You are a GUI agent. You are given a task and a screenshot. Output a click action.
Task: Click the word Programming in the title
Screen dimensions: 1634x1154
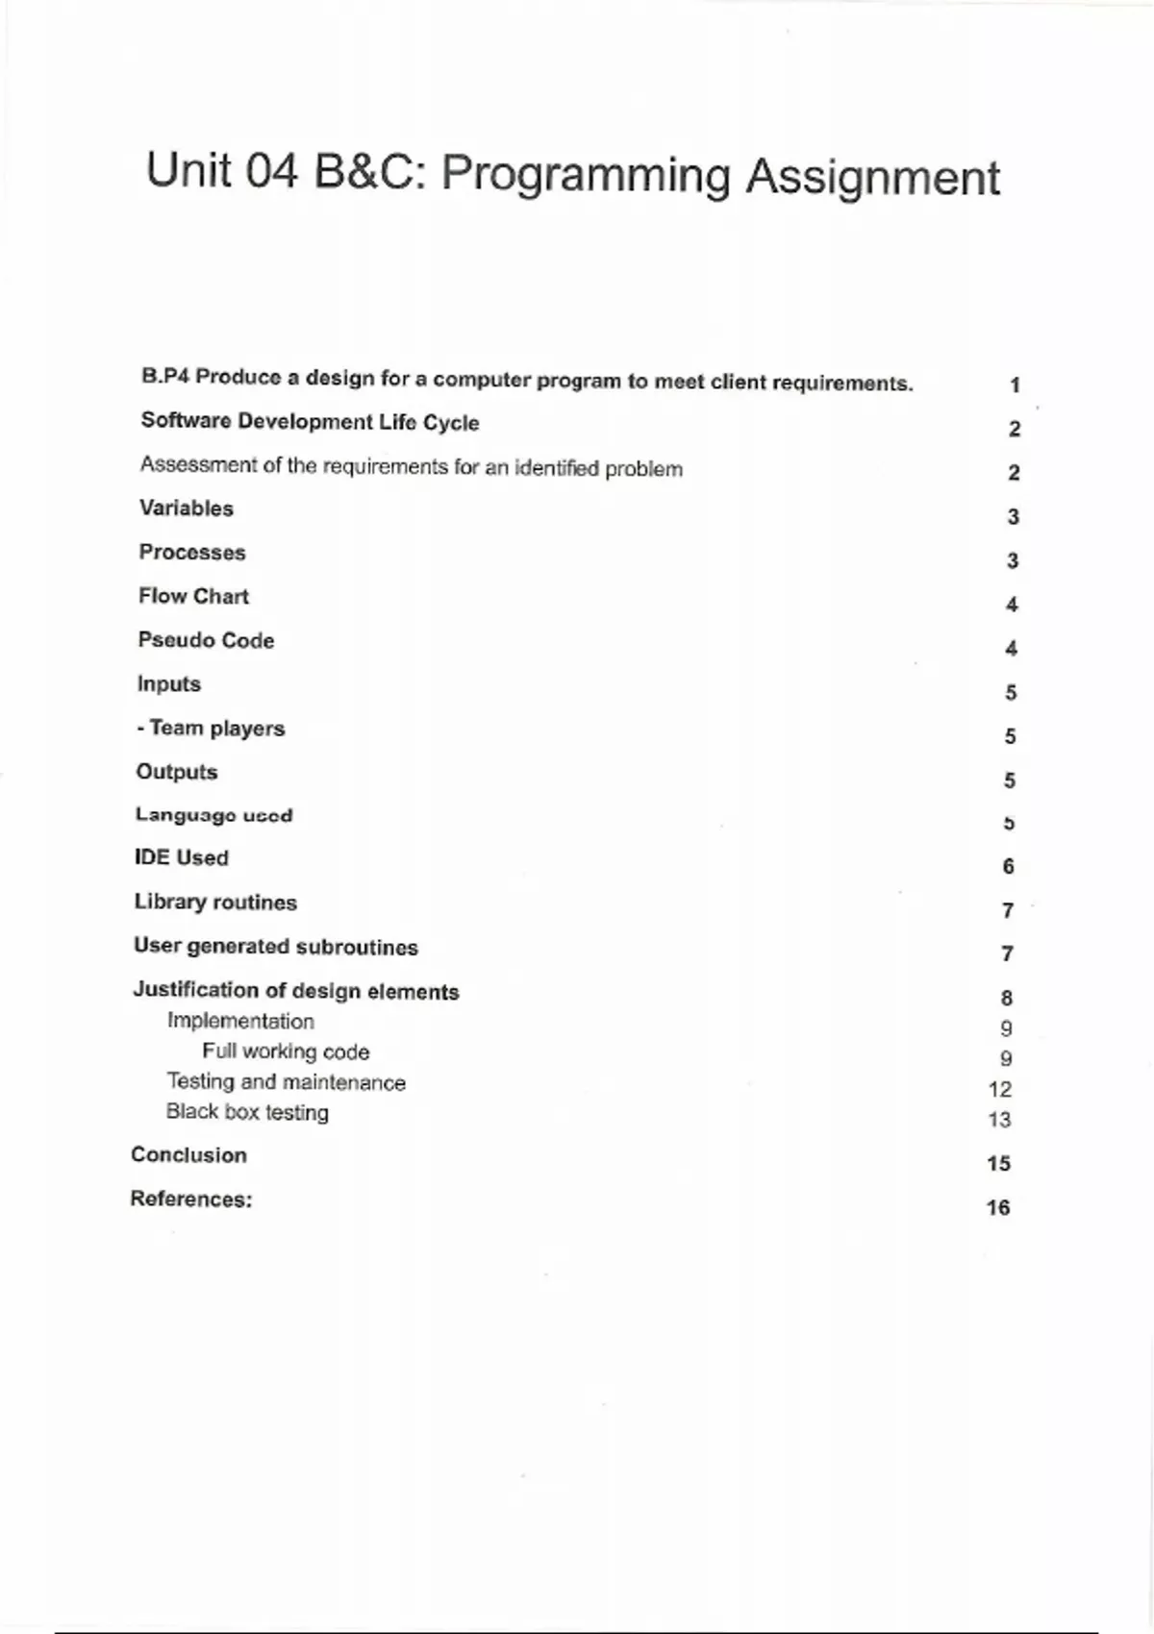coord(586,177)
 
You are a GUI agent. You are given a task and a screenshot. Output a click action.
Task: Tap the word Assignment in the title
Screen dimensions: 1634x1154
coord(873,179)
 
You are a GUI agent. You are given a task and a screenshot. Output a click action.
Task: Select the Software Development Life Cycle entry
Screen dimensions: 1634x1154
coord(310,422)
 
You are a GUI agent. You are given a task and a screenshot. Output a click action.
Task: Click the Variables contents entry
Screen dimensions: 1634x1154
coord(187,508)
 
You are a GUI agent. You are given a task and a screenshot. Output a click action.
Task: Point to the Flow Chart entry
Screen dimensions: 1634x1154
coord(193,596)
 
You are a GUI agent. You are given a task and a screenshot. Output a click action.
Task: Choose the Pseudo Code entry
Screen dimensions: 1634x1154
coord(206,640)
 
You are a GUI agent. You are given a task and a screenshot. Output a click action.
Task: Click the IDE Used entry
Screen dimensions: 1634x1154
coord(182,857)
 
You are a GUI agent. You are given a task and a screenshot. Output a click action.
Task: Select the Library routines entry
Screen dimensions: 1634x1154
coord(215,903)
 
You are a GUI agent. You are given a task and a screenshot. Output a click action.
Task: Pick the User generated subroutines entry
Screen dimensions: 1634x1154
coord(276,947)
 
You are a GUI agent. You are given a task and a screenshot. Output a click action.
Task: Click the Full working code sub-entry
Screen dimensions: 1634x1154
coord(286,1052)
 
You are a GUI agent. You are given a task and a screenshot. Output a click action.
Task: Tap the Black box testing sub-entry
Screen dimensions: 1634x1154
coord(247,1112)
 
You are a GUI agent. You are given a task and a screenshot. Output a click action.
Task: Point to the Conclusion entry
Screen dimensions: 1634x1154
coord(188,1154)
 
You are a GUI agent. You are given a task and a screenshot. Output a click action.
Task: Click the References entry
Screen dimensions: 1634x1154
coord(191,1199)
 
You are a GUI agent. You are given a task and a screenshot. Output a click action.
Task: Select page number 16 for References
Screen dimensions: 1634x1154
coord(998,1207)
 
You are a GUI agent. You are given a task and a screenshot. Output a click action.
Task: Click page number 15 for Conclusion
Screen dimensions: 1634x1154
coord(998,1163)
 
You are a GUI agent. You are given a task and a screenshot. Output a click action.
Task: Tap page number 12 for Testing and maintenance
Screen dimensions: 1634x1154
coord(1000,1089)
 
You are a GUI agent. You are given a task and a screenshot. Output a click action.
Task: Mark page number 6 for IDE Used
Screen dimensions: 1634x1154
coord(1008,866)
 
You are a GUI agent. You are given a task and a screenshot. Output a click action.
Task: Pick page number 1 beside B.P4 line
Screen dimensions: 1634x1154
coord(1015,385)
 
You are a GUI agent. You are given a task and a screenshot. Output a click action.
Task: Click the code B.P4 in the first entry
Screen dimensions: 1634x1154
coord(164,376)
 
